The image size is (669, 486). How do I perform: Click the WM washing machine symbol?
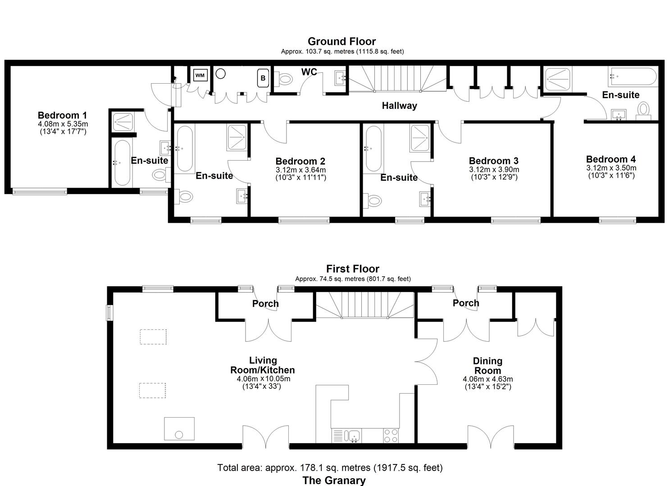pyautogui.click(x=200, y=75)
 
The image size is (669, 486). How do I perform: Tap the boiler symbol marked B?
pyautogui.click(x=263, y=78)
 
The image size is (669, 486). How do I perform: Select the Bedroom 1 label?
pyautogui.click(x=62, y=115)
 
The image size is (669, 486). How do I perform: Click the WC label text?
pyautogui.click(x=309, y=72)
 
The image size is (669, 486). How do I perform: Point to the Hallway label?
pyautogui.click(x=399, y=106)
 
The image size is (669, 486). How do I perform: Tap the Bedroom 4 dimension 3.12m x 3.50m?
pyautogui.click(x=611, y=168)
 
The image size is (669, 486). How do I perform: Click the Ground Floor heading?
pyautogui.click(x=341, y=41)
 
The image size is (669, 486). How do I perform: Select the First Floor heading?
pyautogui.click(x=352, y=269)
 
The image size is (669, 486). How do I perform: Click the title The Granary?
pyautogui.click(x=334, y=480)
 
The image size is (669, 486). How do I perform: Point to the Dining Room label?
pyautogui.click(x=487, y=366)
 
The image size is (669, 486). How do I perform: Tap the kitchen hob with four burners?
pyautogui.click(x=391, y=436)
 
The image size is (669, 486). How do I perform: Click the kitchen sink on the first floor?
pyautogui.click(x=352, y=436)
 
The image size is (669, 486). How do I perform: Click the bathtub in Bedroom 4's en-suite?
pyautogui.click(x=633, y=77)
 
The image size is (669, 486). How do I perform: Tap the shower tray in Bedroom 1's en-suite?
pyautogui.click(x=123, y=121)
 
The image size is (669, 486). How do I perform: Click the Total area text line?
pyautogui.click(x=330, y=468)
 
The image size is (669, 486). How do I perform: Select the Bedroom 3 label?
pyautogui.click(x=494, y=161)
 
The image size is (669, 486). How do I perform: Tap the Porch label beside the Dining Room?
pyautogui.click(x=466, y=303)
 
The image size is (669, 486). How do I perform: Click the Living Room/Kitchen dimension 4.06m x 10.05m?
pyautogui.click(x=264, y=379)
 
